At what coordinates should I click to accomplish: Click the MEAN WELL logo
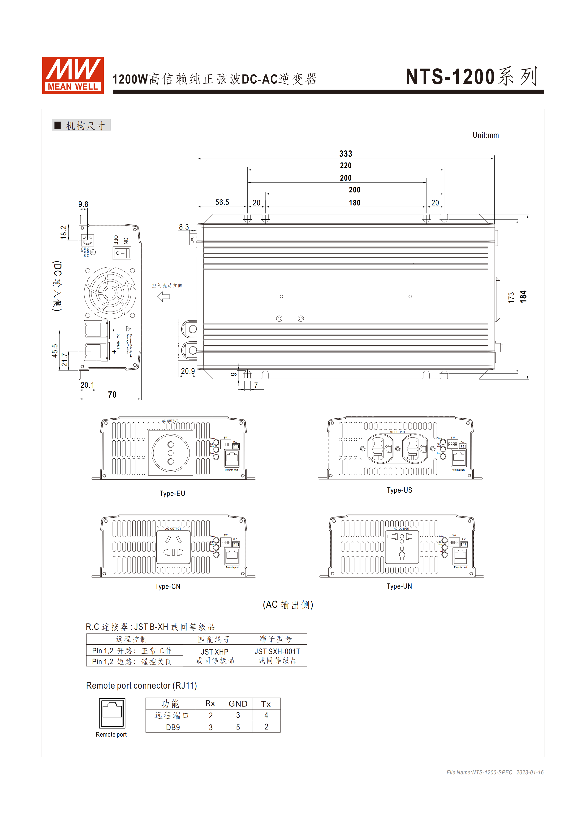[73, 75]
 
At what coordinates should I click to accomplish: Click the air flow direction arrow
[164, 297]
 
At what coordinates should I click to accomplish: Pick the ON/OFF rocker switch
[122, 253]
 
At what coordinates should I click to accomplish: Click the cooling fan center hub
[110, 292]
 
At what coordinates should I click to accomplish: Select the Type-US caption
[399, 490]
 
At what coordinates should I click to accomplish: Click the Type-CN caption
[168, 586]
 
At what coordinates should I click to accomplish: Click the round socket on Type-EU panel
[171, 453]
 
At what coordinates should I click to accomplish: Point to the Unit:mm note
[485, 135]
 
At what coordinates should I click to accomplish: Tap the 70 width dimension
[112, 395]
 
